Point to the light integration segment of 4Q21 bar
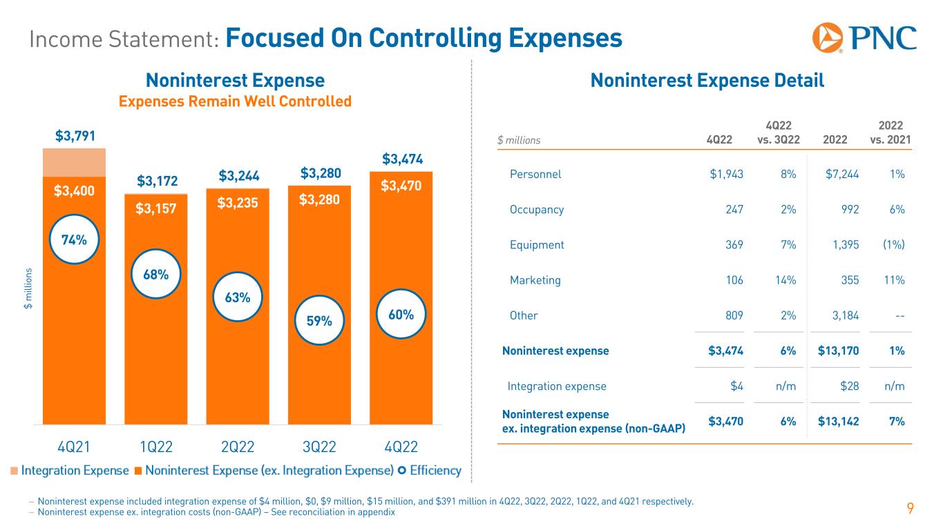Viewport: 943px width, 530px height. point(74,162)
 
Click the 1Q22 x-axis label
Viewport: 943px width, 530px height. point(155,446)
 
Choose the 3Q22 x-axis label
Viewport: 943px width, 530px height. point(319,446)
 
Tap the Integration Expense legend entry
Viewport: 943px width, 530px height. point(69,471)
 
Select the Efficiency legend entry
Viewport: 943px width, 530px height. point(429,471)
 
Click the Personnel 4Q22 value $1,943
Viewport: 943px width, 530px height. point(726,174)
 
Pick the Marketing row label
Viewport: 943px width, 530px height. point(535,280)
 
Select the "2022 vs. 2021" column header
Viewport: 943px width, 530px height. point(893,133)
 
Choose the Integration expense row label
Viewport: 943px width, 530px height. point(557,386)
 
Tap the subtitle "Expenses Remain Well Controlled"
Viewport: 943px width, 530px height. point(235,101)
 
